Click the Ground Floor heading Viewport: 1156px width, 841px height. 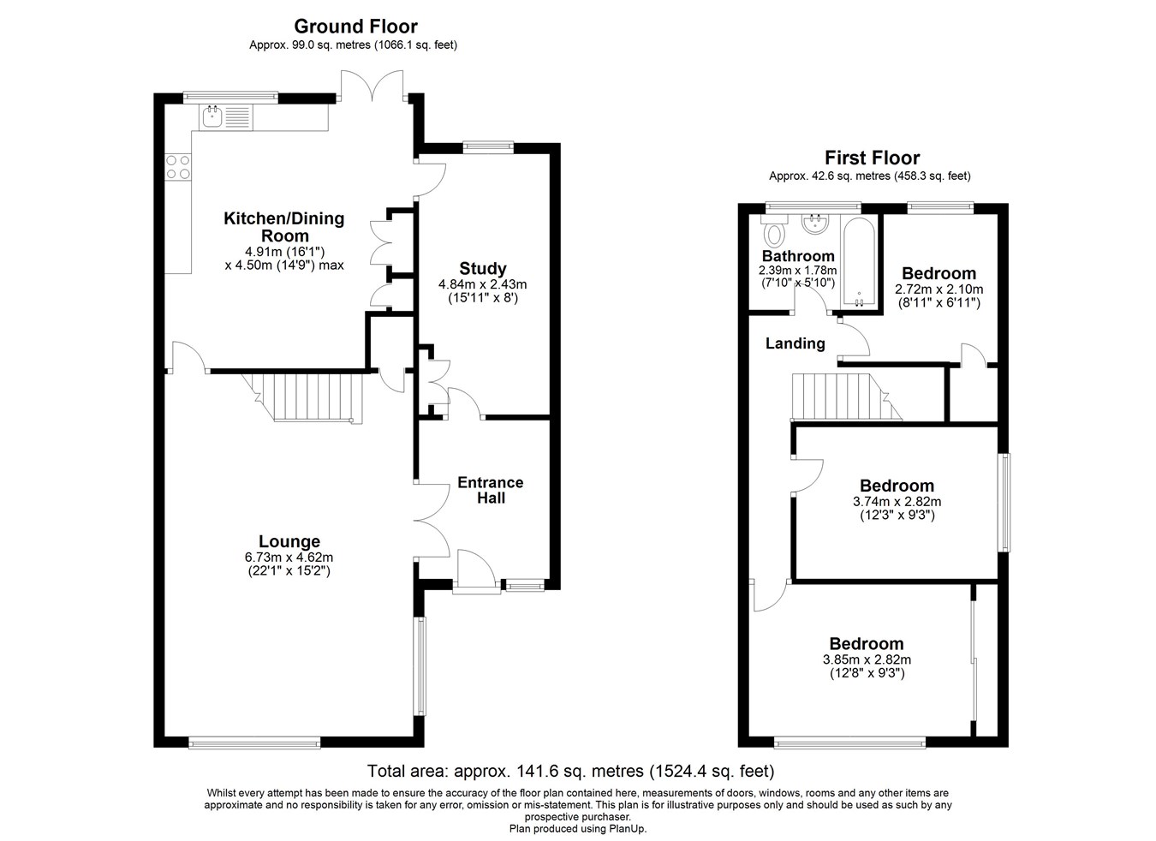355,26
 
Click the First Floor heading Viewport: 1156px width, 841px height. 873,158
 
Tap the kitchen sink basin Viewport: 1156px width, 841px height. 212,116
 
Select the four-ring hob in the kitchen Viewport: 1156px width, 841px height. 178,167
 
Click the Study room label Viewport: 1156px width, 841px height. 483,268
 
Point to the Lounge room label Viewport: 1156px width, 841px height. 289,541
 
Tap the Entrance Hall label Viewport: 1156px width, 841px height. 491,490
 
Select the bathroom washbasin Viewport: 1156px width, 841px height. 815,224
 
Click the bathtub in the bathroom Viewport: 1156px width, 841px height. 859,263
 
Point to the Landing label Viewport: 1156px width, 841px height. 795,343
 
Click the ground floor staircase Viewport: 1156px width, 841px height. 306,397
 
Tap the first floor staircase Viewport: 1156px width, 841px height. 847,397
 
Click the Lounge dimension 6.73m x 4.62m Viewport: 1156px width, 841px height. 289,558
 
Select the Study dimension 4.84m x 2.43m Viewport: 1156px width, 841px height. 483,284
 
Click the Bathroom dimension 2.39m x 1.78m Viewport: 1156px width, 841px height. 798,270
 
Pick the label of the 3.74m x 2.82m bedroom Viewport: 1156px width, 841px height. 897,486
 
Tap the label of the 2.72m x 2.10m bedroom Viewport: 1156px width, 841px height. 939,273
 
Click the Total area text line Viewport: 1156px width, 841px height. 571,771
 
